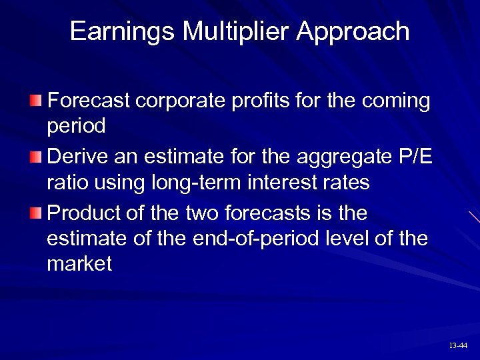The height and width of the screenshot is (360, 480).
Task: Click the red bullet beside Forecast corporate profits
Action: tap(35, 101)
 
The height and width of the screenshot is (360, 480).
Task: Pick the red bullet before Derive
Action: tap(35, 157)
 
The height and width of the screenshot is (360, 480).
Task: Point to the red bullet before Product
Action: tap(35, 213)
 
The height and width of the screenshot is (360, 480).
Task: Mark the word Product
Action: tap(89, 213)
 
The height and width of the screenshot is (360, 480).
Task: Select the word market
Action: tap(79, 264)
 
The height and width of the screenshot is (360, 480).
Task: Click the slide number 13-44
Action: tap(458, 346)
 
